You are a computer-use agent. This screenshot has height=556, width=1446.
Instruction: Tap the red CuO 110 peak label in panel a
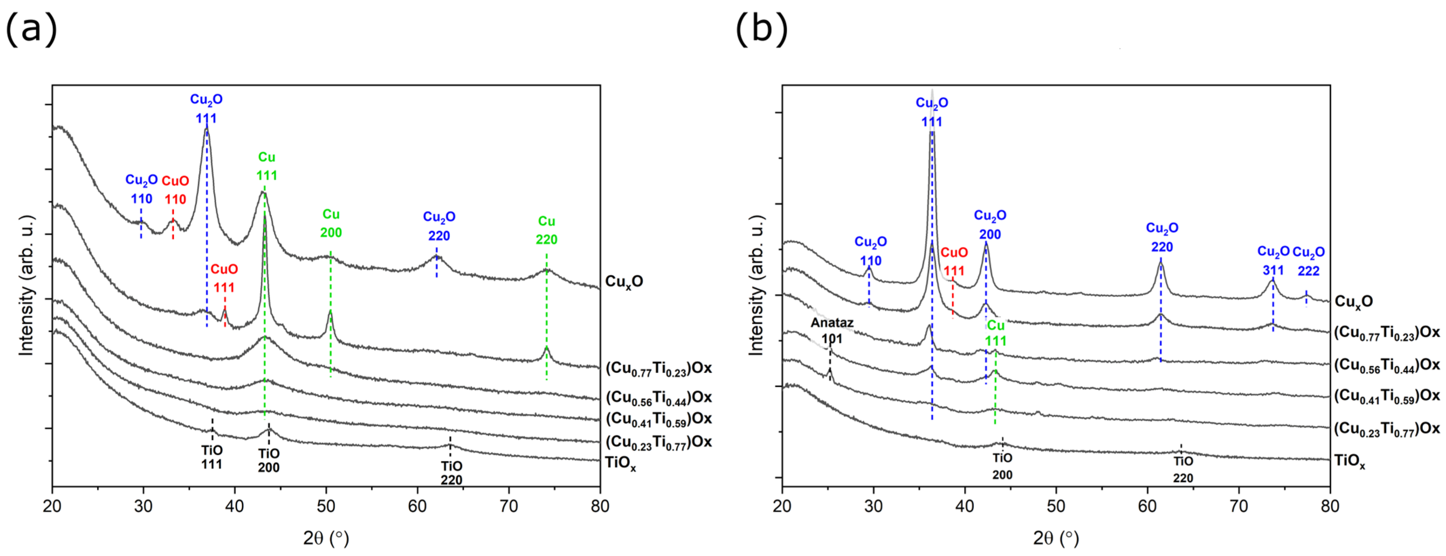pos(175,190)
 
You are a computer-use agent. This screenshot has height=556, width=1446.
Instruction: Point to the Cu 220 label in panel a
pos(546,230)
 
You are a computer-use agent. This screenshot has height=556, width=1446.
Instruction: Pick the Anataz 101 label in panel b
pos(832,331)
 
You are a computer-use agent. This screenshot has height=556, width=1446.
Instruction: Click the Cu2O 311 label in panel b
pos(1273,261)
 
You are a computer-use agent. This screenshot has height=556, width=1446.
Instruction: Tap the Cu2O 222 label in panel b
pos(1308,261)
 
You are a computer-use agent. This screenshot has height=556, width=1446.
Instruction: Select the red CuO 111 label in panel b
pos(954,261)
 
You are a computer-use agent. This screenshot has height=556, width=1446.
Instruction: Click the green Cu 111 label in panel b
pos(996,333)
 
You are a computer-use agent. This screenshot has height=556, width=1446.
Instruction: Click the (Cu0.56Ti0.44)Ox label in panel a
pos(658,397)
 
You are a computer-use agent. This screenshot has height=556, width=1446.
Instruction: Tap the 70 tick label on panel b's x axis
pos(1239,506)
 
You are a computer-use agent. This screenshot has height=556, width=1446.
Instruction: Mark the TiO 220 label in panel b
pos(1183,469)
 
